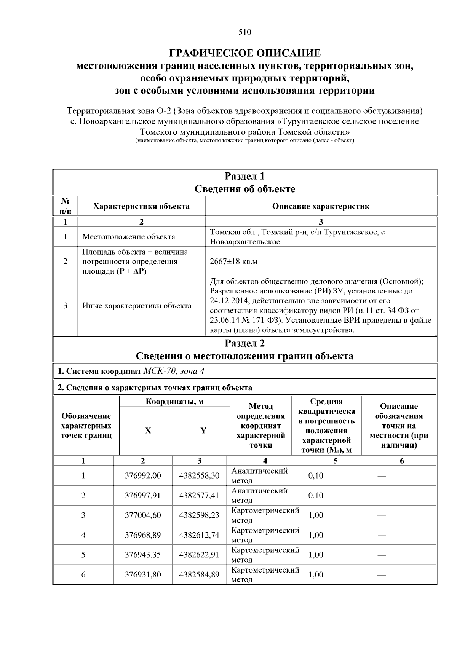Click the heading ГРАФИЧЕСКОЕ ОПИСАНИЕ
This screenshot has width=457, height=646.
244,53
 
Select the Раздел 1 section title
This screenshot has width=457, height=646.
244,176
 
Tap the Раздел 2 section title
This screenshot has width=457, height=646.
244,343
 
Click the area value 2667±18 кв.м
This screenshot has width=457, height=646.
231,262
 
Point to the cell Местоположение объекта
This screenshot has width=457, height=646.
129,237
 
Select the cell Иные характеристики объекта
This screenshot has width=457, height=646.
137,306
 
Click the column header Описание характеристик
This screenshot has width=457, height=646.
320,206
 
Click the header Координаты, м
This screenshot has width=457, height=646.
174,402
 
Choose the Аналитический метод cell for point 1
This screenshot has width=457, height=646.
259,475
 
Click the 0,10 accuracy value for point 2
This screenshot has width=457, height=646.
316,495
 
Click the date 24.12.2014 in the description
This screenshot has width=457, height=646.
227,301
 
